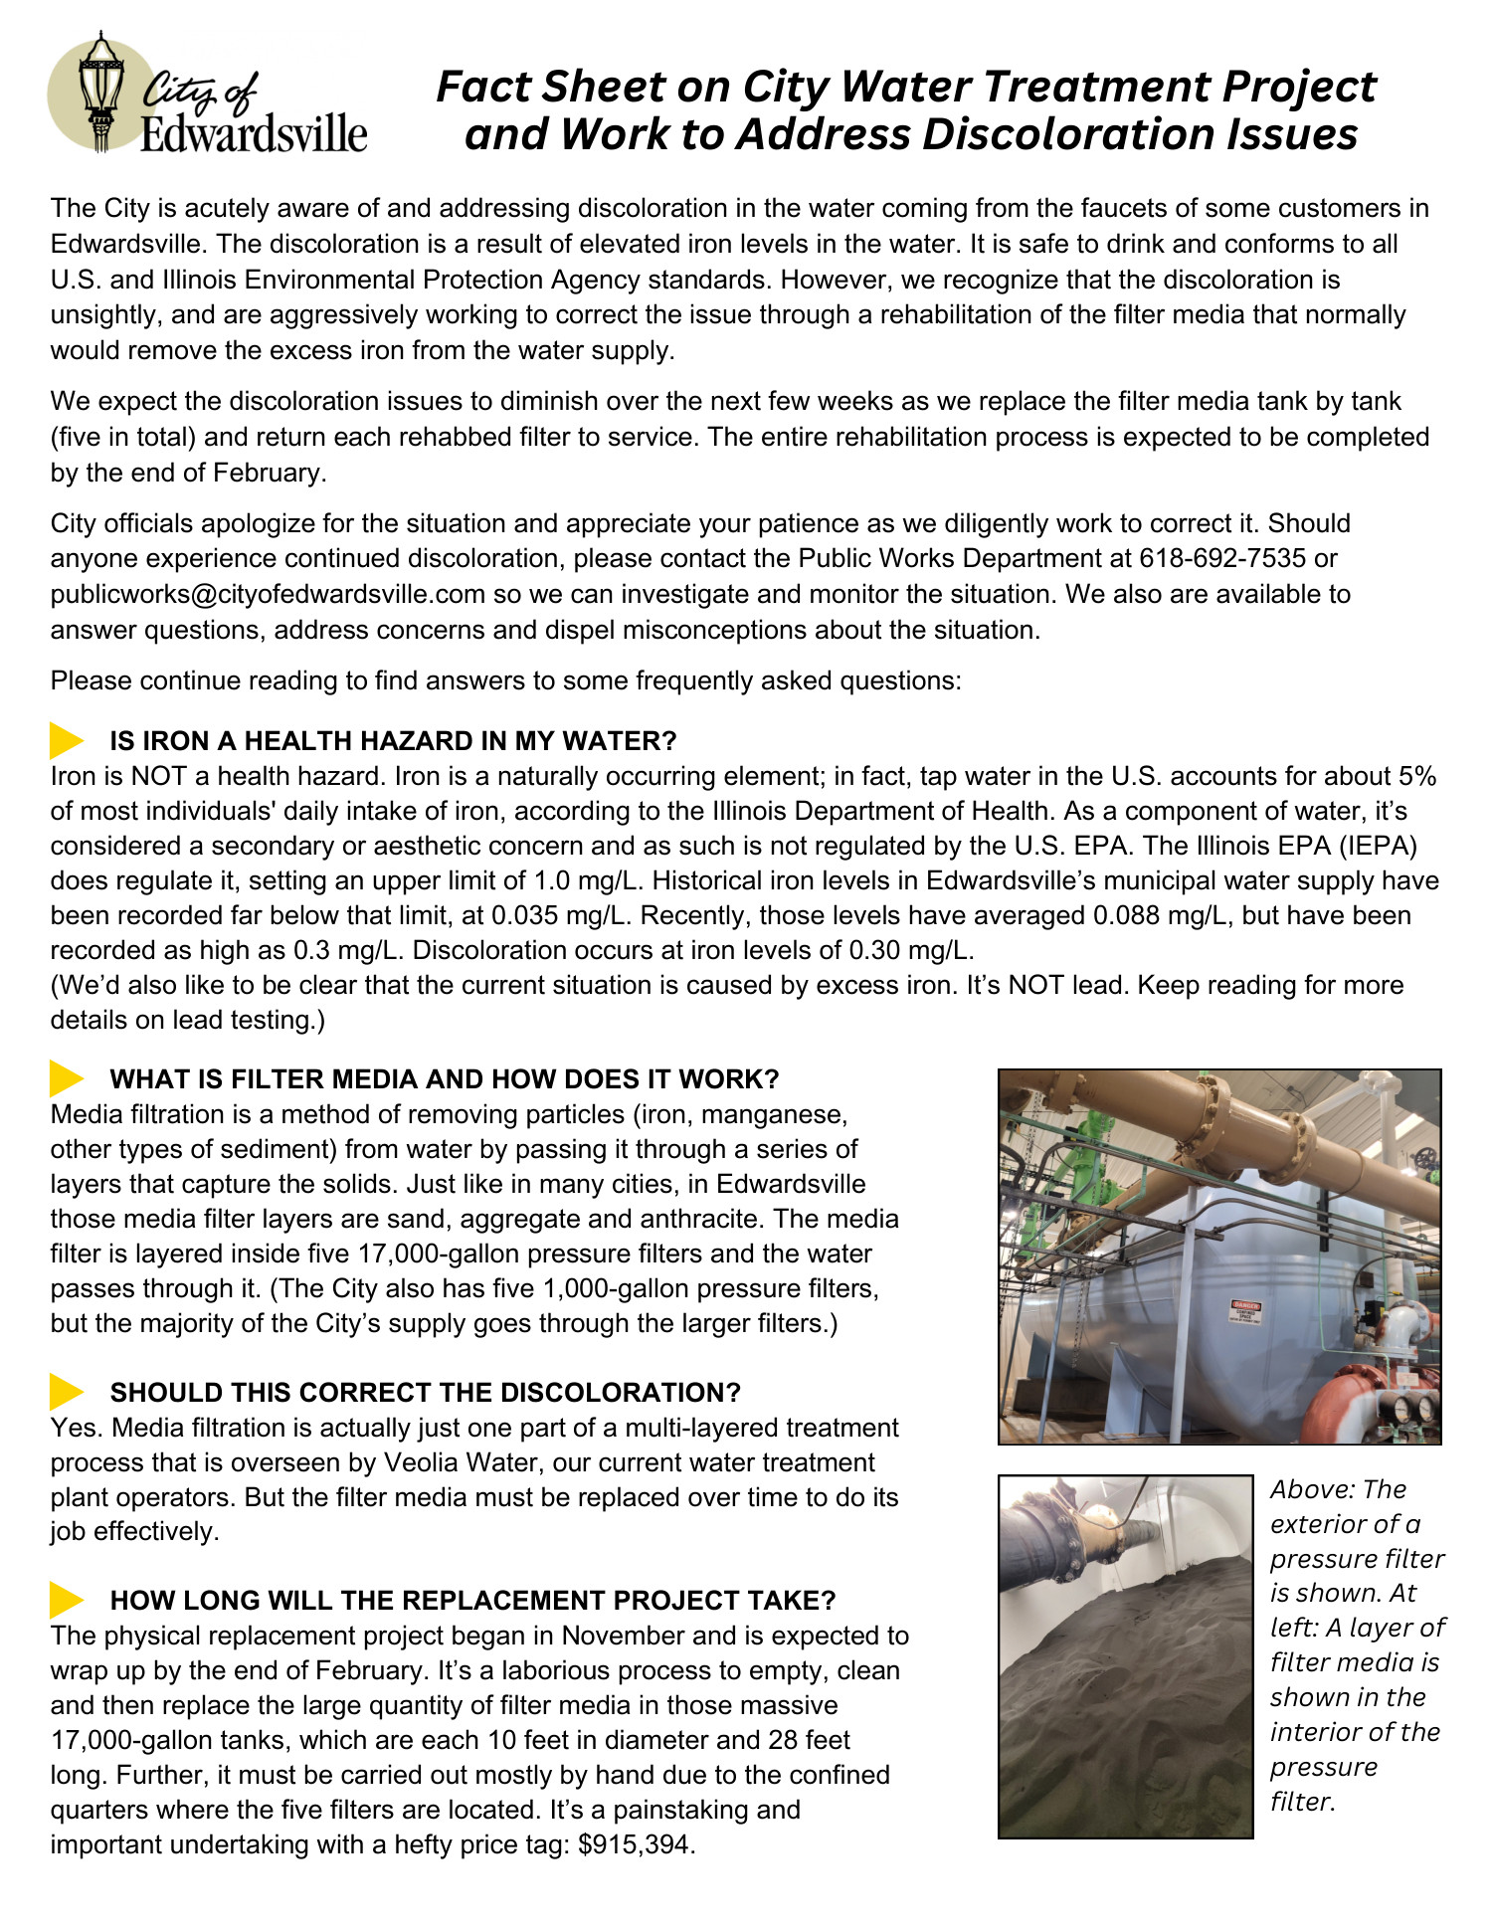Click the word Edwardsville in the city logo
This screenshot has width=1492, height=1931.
[253, 133]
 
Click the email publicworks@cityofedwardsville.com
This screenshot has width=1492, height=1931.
[268, 595]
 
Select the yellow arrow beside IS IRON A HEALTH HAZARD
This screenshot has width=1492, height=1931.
[67, 741]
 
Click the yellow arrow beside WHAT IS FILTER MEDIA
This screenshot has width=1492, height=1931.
[67, 1079]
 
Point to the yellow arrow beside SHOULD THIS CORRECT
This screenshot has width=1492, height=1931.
[67, 1393]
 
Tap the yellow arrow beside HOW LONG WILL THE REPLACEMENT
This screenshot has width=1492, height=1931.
[67, 1601]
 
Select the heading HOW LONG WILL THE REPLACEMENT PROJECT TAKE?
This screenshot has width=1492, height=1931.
[472, 1601]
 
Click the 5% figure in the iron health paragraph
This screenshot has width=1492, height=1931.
[1416, 776]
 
